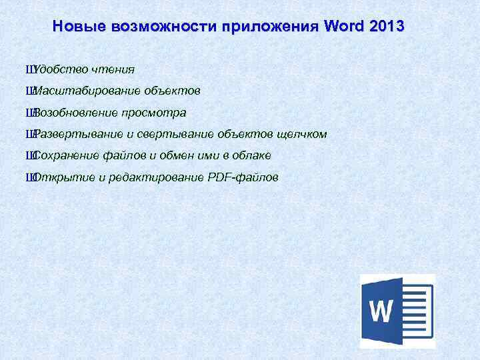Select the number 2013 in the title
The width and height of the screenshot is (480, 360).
(383, 27)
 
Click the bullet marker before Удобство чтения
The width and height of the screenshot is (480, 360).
(27, 69)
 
